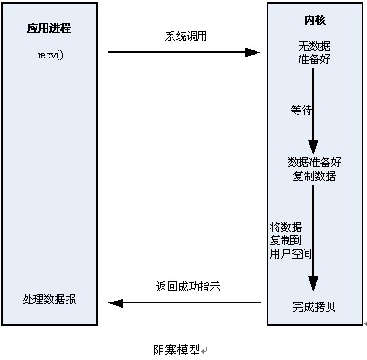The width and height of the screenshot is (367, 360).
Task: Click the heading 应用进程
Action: tap(49, 28)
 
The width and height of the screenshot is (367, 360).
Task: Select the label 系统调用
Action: tap(185, 37)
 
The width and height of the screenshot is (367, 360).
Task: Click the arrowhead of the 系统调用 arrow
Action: tap(255, 51)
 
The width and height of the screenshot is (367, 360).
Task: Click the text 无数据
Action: tap(312, 46)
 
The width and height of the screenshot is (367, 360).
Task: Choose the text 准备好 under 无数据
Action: tap(312, 58)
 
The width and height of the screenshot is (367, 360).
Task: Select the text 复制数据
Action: tap(313, 175)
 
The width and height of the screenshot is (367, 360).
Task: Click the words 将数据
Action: tap(286, 226)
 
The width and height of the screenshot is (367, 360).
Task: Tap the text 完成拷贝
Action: tap(313, 304)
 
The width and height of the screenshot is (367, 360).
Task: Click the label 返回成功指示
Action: tap(187, 286)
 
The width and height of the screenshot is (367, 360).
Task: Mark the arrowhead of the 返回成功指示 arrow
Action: tap(113, 302)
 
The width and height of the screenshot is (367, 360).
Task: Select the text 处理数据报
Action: tap(49, 300)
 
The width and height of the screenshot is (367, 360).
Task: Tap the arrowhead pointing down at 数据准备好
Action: tap(313, 148)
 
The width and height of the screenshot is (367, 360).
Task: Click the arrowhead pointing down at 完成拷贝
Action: tap(313, 285)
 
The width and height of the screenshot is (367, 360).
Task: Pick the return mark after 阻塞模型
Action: tap(205, 350)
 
